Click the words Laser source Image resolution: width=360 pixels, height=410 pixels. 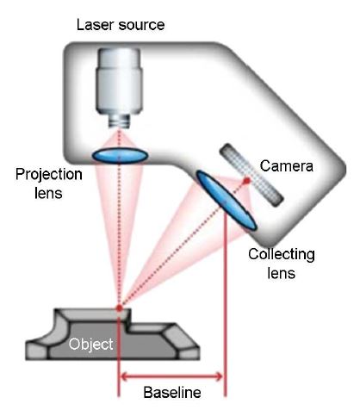tap(121, 25)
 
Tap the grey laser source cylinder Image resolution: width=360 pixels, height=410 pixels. tap(119, 81)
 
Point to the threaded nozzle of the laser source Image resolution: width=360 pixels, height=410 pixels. tap(119, 121)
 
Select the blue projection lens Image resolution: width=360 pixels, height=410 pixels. tap(120, 155)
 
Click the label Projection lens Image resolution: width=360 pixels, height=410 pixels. tap(49, 183)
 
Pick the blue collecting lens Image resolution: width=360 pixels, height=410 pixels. tap(226, 200)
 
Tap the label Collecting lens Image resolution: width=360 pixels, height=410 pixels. tap(282, 264)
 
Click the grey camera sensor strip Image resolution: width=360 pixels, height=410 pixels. tap(251, 175)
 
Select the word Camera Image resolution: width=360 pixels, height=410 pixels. tap(286, 166)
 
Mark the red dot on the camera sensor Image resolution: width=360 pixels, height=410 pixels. tap(246, 181)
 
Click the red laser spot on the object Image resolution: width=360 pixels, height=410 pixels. tap(119, 308)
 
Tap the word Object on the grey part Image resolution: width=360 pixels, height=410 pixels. tap(90, 344)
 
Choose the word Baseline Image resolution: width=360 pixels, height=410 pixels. tap(172, 392)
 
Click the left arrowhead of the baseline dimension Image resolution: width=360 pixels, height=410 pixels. tap(124, 376)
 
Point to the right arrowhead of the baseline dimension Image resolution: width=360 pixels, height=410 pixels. tap(219, 376)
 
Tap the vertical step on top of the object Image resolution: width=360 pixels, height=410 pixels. tap(128, 320)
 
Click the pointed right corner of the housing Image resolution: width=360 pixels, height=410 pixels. tap(344, 169)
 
